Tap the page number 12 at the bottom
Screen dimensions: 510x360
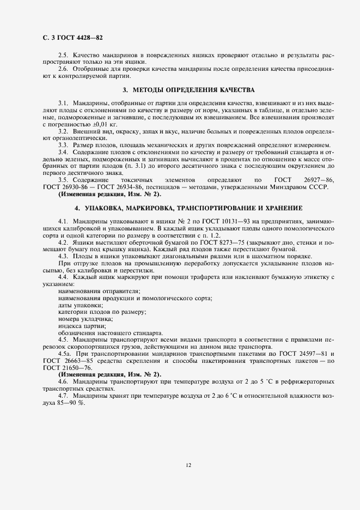point(187,465)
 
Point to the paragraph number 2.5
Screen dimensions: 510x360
point(62,56)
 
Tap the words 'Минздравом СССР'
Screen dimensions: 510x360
point(301,187)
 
